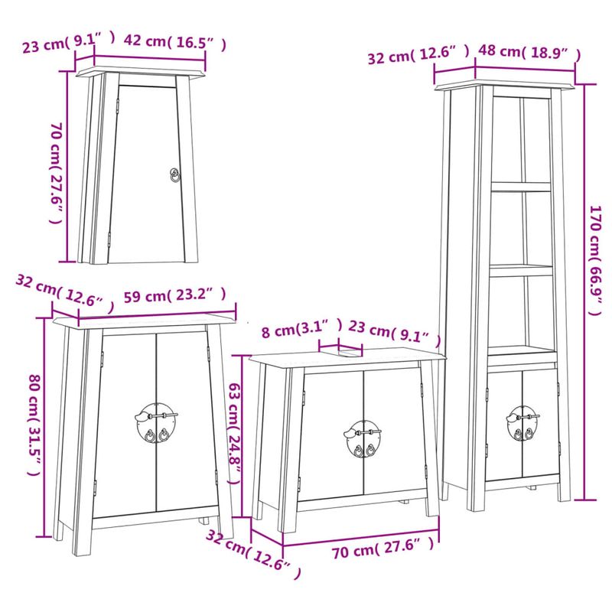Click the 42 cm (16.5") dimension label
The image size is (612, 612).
[174, 43]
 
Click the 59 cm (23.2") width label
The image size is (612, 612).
[174, 295]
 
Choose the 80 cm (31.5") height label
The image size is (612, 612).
[33, 425]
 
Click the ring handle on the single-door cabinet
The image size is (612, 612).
[175, 176]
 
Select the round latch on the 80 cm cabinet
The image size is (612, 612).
[156, 423]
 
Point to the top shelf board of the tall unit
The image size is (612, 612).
[520, 186]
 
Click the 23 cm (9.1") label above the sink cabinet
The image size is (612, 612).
[395, 333]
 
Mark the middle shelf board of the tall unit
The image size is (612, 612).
[520, 270]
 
